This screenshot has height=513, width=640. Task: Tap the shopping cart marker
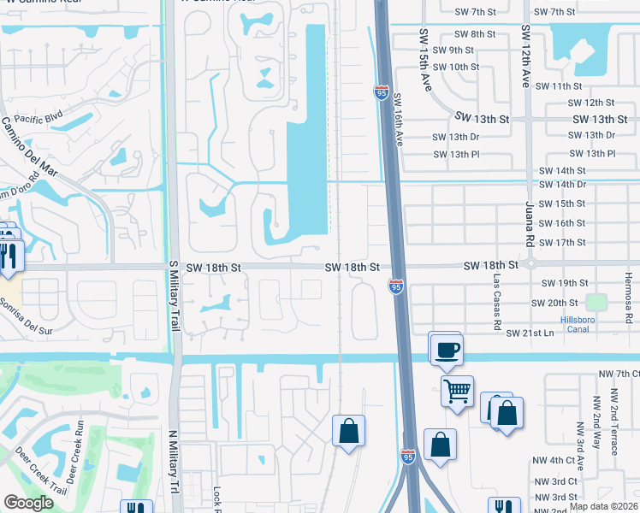(x=458, y=392)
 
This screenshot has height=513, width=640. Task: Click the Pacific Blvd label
(x=39, y=119)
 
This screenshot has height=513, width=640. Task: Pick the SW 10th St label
(x=455, y=66)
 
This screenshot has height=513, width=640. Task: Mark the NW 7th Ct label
(x=619, y=374)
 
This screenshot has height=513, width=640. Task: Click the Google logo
(x=29, y=503)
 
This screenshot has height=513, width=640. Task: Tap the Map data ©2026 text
(x=603, y=506)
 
